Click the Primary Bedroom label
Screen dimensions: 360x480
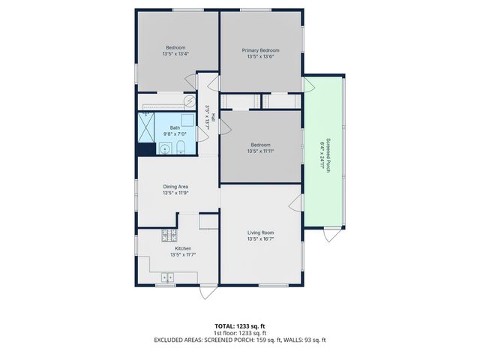260,49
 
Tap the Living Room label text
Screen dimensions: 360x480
260,232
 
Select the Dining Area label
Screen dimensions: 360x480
175,186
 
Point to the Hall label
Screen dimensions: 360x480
213,118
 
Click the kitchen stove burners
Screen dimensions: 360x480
167,238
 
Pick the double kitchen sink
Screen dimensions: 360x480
166,277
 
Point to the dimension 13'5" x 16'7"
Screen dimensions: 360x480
260,240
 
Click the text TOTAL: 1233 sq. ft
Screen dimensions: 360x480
240,326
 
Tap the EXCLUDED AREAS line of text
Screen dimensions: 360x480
240,340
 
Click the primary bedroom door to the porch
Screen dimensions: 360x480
308,84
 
